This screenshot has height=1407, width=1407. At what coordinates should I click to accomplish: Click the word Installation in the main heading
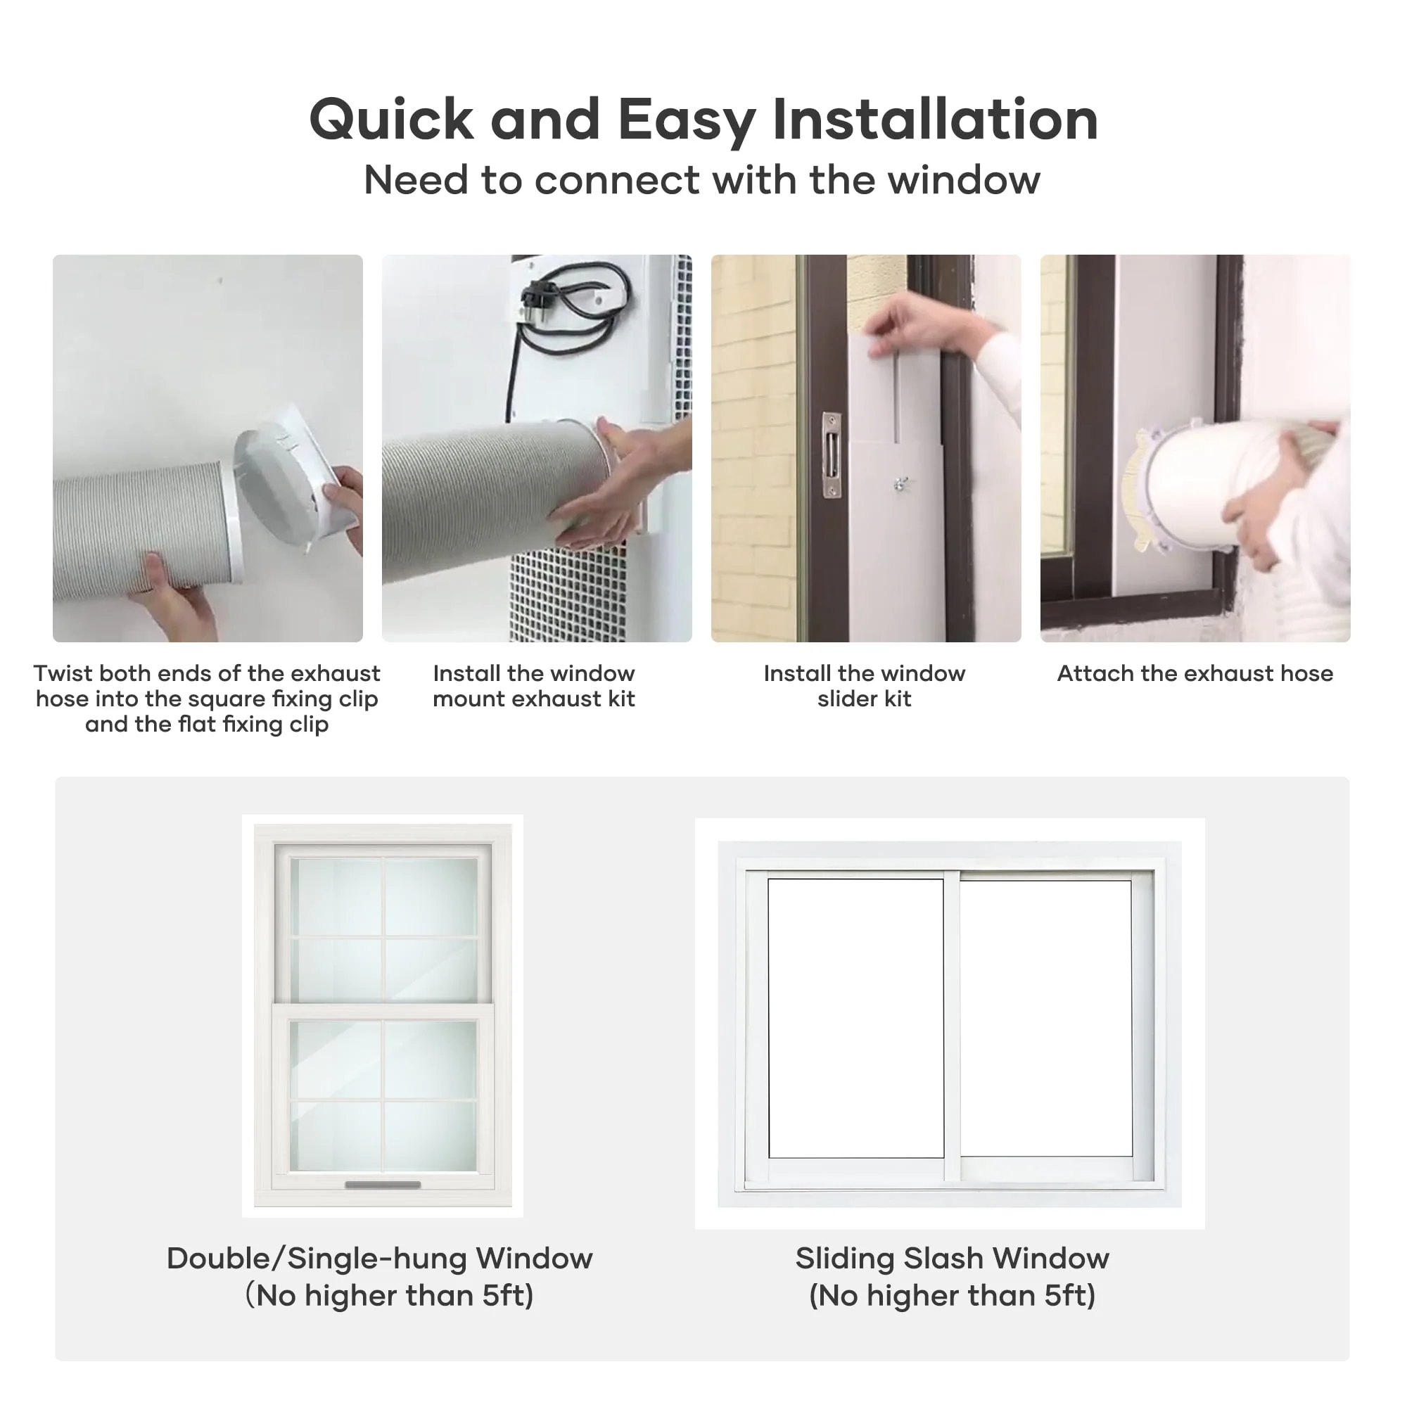tap(935, 120)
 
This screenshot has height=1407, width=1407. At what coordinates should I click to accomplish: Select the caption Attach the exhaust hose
tap(1195, 674)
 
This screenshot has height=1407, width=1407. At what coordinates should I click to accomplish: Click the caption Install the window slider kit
tap(865, 686)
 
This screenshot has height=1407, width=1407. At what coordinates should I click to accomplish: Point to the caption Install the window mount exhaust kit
tap(534, 686)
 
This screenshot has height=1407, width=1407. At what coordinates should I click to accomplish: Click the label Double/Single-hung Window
tap(379, 1259)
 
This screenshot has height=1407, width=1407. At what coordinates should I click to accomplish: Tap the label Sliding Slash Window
tap(952, 1259)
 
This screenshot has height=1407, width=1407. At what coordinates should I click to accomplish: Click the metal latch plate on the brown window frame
tap(832, 455)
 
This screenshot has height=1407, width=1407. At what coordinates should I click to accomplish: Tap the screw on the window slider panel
tap(901, 483)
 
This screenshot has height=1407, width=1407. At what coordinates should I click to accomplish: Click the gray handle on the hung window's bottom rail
tap(382, 1185)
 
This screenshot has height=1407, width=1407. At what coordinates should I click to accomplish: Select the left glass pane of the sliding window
tap(855, 1018)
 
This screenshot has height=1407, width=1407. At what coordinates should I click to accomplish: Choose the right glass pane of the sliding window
tap(1046, 1018)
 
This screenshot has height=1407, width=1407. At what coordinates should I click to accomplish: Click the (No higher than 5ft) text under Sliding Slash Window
tap(952, 1296)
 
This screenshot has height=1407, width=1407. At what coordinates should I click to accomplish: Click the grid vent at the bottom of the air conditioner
tap(568, 590)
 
